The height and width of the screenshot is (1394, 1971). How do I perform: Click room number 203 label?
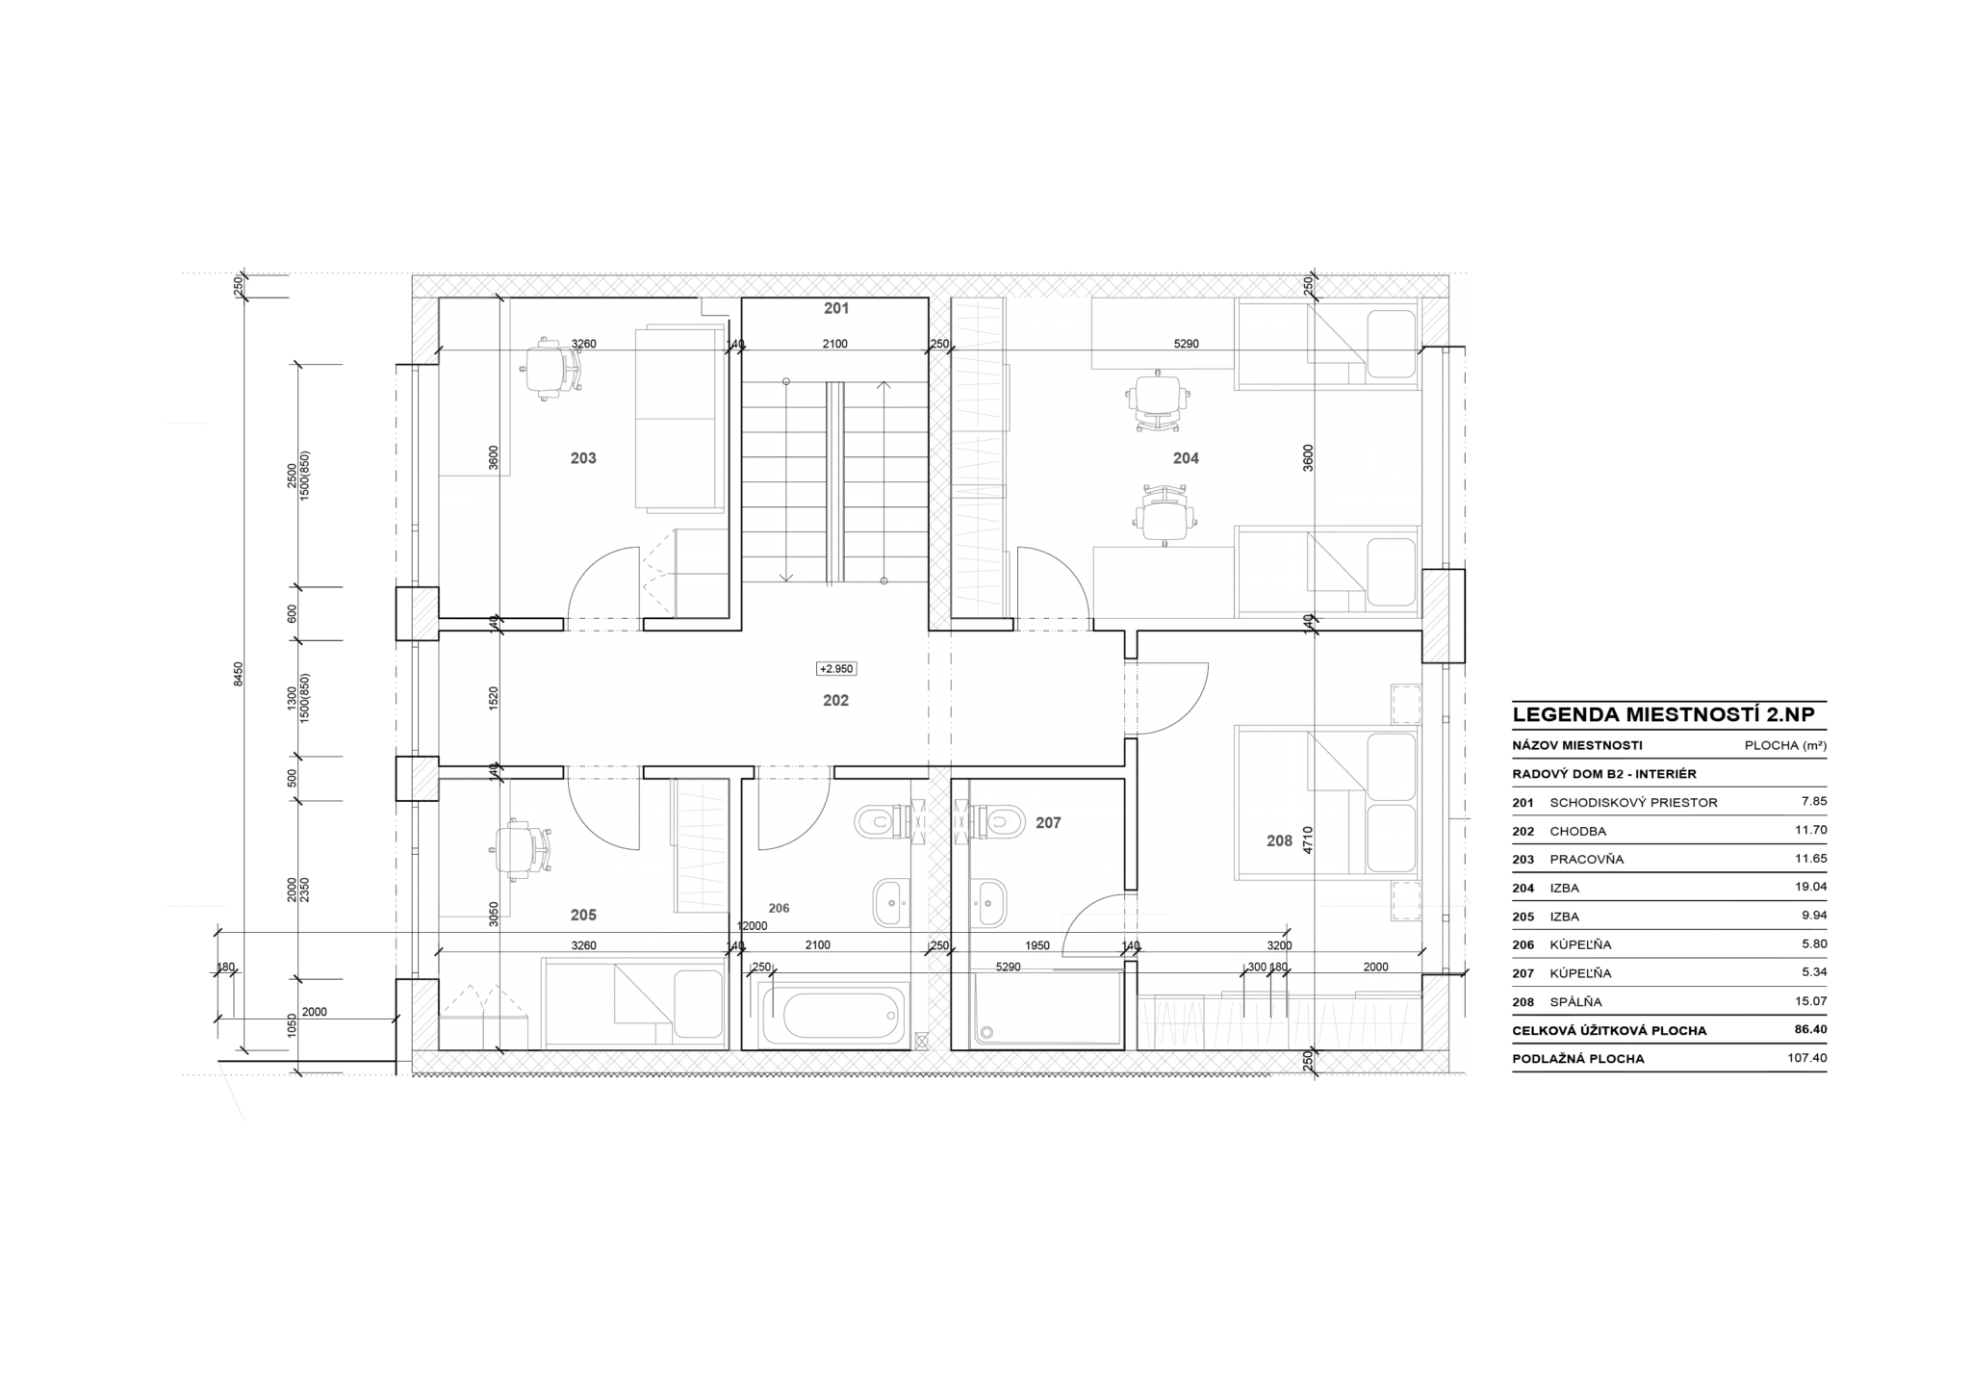(583, 458)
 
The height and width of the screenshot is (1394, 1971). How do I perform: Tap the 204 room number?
(1186, 458)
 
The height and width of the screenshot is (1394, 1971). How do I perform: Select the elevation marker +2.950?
(835, 669)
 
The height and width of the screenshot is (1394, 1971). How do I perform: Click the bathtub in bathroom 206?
(833, 1015)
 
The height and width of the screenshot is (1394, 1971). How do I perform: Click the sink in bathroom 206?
(890, 903)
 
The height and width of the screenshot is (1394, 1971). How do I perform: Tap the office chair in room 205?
(525, 850)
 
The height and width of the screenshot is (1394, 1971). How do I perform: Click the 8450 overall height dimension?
(239, 673)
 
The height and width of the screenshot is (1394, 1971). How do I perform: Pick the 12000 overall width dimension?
(753, 926)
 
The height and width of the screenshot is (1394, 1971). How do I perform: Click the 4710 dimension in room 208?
(1308, 839)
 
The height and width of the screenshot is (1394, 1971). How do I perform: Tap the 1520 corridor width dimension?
(494, 698)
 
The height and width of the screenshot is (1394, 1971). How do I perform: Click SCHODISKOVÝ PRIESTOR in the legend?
(1633, 803)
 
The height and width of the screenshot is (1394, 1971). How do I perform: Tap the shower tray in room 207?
(1047, 1009)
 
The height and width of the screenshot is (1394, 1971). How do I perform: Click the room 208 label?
(1279, 840)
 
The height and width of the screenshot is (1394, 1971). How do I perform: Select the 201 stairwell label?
(836, 308)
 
